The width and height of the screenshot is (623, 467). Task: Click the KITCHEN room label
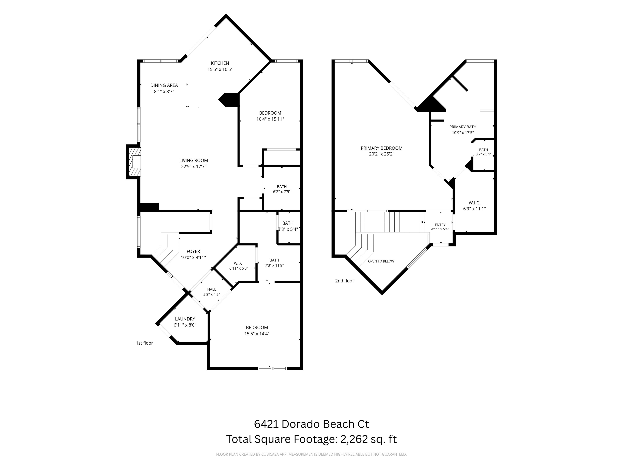pos(220,63)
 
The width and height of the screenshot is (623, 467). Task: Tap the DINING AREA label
pos(164,85)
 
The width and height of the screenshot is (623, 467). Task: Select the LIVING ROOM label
pos(194,160)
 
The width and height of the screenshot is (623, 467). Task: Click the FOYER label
pos(193,251)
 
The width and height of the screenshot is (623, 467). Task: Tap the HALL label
pos(212,289)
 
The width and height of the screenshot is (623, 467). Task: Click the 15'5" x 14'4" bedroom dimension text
pos(257,334)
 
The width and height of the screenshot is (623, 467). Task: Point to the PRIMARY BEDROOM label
pos(382,148)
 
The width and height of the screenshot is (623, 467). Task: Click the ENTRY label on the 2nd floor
pos(440,225)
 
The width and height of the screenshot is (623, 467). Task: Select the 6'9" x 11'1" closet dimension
pos(475,209)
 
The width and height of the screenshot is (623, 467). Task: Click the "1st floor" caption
pos(145,343)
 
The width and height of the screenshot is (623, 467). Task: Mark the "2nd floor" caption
pos(345,281)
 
